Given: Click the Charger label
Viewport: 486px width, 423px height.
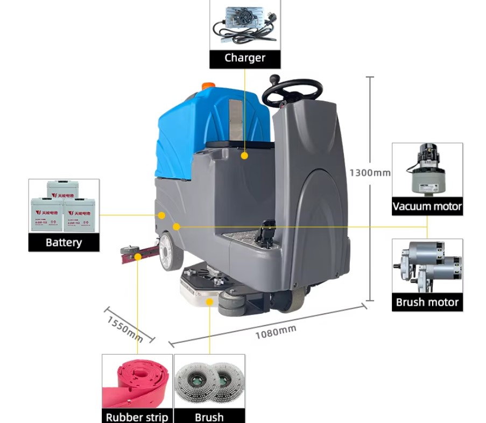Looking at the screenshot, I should (x=245, y=58).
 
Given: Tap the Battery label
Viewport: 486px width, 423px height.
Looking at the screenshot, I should (x=64, y=242).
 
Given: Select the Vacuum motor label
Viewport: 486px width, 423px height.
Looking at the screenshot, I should (x=427, y=206).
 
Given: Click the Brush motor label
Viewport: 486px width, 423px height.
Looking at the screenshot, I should (x=427, y=302).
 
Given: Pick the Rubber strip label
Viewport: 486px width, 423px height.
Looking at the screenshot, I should (x=137, y=417).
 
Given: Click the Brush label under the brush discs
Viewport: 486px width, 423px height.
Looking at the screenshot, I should (x=209, y=417).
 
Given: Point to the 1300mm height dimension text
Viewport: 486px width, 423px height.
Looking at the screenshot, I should (x=370, y=173).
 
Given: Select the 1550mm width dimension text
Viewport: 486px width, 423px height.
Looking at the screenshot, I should (x=124, y=329).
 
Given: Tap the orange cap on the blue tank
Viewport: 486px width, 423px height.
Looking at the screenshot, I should (x=208, y=86).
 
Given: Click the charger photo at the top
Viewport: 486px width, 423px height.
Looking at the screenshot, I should (x=245, y=25).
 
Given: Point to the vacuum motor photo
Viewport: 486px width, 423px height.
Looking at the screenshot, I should (x=427, y=171).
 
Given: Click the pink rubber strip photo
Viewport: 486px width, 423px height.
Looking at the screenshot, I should (x=137, y=382).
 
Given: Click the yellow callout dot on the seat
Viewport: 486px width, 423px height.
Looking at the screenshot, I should (x=244, y=156).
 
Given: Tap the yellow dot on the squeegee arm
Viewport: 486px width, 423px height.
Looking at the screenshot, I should (x=138, y=257).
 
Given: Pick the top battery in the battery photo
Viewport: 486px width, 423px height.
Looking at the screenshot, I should (x=63, y=189).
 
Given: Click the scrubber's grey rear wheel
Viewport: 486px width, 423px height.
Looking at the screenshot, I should (x=167, y=251).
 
